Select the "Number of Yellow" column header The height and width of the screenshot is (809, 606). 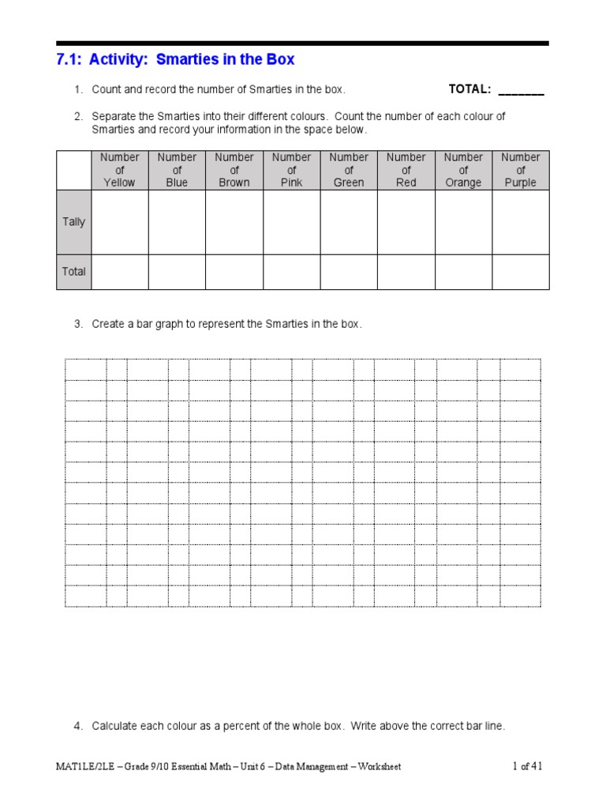click(119, 170)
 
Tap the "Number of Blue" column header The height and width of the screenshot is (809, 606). click(177, 170)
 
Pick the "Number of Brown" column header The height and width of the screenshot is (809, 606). click(234, 170)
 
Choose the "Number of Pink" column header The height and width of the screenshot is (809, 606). click(291, 170)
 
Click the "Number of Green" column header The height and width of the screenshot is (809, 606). click(349, 170)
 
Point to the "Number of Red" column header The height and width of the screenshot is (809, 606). click(406, 170)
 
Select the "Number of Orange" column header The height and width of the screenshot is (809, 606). click(463, 170)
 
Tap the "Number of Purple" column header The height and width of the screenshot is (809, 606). click(521, 170)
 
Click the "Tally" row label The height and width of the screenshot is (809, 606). click(73, 222)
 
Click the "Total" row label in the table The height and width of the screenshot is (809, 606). click(73, 272)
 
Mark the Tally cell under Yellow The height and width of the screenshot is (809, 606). click(119, 222)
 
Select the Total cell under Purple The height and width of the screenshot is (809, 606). click(521, 272)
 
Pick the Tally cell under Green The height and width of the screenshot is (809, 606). click(349, 222)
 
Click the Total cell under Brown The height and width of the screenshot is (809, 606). click(234, 272)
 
